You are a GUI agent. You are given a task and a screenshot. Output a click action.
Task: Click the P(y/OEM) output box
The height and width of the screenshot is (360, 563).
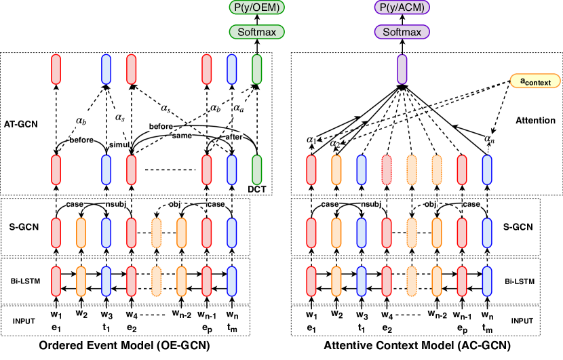coord(256,9)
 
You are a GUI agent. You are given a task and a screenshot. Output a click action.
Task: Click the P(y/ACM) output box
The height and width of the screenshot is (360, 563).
coord(402,9)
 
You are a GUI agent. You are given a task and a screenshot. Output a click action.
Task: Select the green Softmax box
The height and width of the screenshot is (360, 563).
coord(256,32)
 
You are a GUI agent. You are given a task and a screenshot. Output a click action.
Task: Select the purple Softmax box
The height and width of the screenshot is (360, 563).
coord(402,32)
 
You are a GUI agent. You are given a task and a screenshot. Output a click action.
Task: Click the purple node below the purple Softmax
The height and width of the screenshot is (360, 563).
coord(402,69)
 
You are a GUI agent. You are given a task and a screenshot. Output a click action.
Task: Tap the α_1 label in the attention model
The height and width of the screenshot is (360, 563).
coord(311,140)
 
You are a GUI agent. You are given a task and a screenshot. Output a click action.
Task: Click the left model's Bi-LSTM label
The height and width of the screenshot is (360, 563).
coord(19,279)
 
